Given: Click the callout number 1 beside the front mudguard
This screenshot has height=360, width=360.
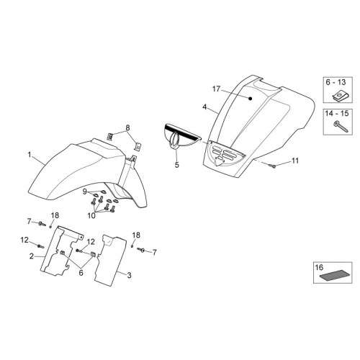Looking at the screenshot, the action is tap(30, 155).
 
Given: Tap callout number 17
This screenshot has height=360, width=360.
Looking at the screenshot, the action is tap(216, 89).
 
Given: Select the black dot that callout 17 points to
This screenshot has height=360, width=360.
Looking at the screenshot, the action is tap(250, 99).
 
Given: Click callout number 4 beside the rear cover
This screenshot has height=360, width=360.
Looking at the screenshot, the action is tap(204, 107).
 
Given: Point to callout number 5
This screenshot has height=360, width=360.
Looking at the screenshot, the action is tap(177, 165).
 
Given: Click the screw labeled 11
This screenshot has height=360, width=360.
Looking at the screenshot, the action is tap(272, 166).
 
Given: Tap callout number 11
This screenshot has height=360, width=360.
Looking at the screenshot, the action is tap(295, 161).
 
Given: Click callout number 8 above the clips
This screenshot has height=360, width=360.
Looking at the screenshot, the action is tap(127, 128).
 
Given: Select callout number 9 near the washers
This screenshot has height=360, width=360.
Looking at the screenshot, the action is tap(84, 192).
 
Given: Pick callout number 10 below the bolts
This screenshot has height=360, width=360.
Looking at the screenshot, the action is tap(91, 215).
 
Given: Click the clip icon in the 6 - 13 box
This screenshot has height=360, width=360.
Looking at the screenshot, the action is tap(338, 96).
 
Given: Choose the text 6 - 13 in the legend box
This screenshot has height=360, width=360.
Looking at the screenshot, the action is tap(336, 82).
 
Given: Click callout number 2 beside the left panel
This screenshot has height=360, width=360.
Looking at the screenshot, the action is tap(32, 256).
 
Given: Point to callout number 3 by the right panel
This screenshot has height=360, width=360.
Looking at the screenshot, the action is tap(129, 275).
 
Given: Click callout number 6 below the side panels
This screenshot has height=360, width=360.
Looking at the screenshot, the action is tap(81, 272).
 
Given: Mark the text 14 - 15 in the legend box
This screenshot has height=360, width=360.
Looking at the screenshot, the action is tap(337, 113).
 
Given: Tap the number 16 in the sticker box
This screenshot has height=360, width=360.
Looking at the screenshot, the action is tap(320, 267).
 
